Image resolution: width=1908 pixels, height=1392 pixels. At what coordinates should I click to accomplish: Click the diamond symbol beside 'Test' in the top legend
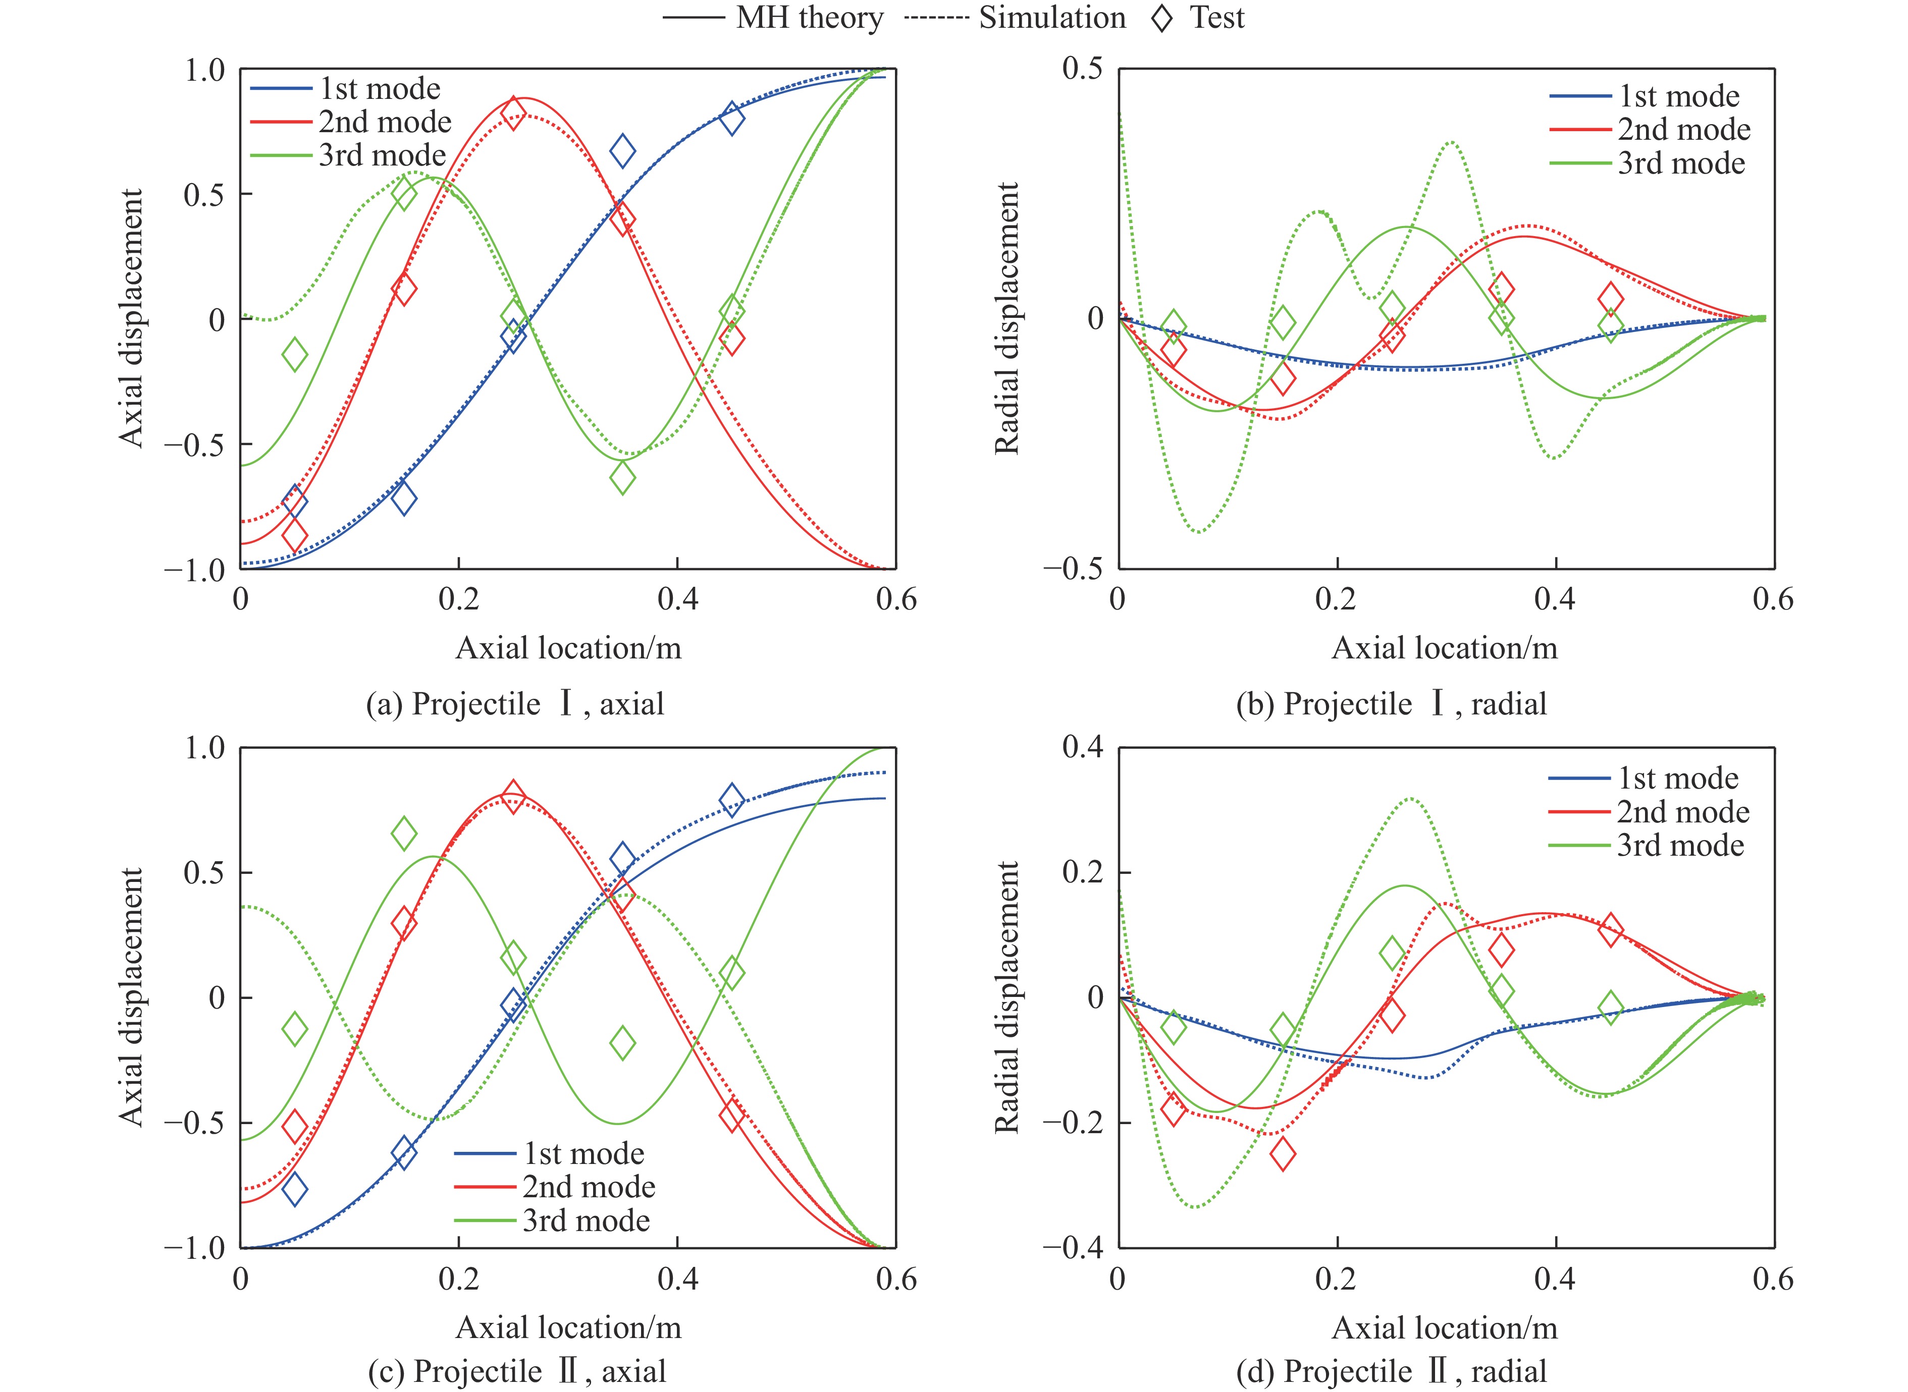point(1162,18)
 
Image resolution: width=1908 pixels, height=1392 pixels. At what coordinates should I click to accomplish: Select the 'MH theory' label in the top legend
point(809,18)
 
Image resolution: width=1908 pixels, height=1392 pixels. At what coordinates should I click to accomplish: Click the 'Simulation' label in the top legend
point(1052,18)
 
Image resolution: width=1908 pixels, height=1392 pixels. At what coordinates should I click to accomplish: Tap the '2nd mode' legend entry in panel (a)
point(384,122)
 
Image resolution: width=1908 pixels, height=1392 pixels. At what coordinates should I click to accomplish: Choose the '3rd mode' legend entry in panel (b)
point(1681,162)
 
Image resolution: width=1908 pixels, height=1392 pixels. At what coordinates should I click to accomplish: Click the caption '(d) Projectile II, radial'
point(1392,1371)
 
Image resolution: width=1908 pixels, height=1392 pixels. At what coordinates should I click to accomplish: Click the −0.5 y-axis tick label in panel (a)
point(195,444)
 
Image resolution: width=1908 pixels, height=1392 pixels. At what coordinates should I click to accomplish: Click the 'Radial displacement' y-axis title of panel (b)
point(1007,318)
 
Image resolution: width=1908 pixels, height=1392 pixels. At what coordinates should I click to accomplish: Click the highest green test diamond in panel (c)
point(404,833)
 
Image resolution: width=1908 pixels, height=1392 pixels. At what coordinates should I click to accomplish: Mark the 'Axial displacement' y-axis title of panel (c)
point(131,997)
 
